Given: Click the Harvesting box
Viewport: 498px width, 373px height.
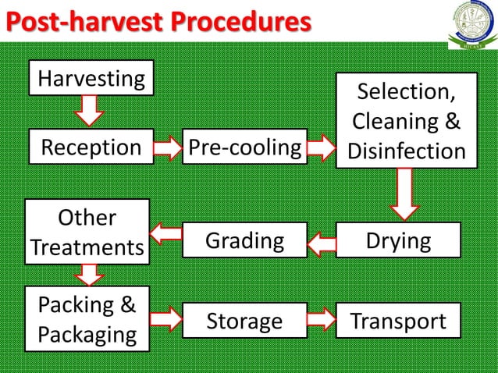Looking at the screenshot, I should (91, 78).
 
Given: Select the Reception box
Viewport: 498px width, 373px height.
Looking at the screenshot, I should (91, 147).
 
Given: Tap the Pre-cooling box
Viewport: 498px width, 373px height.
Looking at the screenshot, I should (244, 147).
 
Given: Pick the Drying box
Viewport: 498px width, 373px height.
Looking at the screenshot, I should (398, 240).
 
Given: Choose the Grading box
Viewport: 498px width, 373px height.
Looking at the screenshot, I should (244, 240).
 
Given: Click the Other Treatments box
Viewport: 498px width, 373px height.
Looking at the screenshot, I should (87, 232).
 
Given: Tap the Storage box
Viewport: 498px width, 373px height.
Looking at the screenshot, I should (244, 321).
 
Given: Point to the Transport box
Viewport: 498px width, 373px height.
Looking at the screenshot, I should (398, 321).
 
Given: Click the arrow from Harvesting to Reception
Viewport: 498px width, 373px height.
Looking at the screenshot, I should (91, 111).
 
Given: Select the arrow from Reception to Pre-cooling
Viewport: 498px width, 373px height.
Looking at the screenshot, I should (166, 147).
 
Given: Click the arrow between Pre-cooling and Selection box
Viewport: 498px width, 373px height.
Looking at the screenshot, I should (320, 147).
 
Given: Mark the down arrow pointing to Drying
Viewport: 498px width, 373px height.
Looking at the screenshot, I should (404, 195).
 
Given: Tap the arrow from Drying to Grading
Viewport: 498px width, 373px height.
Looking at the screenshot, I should (321, 243).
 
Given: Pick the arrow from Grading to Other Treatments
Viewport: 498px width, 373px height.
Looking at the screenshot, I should (165, 232).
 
